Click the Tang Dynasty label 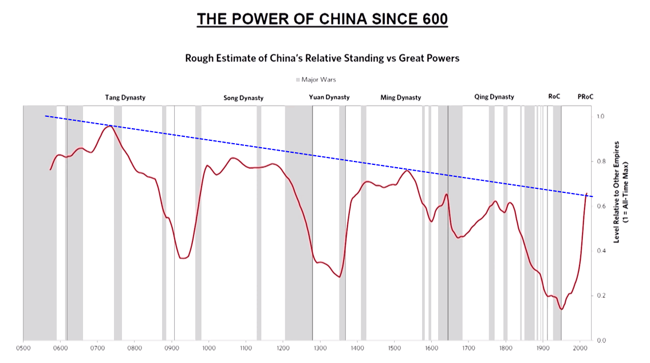(x=125, y=97)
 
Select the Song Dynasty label (x=243, y=98)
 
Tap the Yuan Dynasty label (x=329, y=97)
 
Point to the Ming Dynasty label (x=401, y=98)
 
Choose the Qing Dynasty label (x=494, y=97)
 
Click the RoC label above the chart (x=554, y=97)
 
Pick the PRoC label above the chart (x=585, y=97)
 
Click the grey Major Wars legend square (x=298, y=80)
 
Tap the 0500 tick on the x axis (x=23, y=348)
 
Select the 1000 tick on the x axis (x=208, y=348)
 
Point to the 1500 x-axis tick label (x=394, y=348)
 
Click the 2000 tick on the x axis (x=580, y=348)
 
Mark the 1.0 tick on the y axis (x=601, y=116)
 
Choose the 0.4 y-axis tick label (x=601, y=251)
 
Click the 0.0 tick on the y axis (x=601, y=341)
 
